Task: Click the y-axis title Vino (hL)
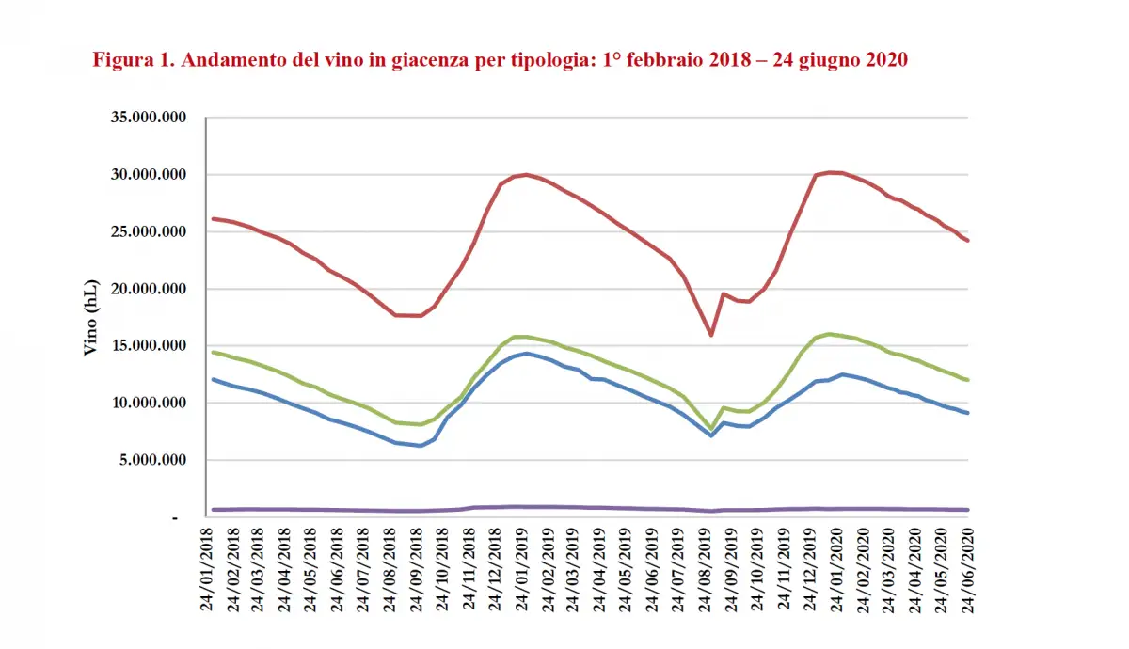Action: [91, 317]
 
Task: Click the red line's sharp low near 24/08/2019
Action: [711, 335]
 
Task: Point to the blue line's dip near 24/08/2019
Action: [711, 435]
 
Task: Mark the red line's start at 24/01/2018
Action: [214, 218]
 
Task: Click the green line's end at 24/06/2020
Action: [968, 380]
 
